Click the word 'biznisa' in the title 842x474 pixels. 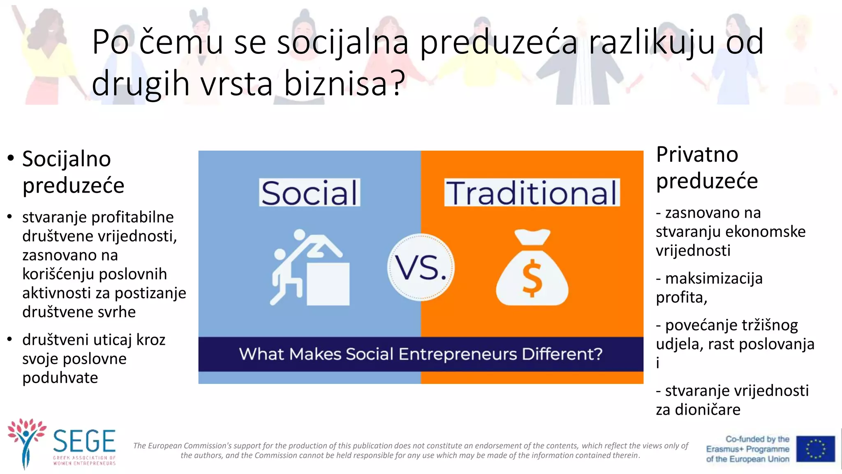[x=335, y=84]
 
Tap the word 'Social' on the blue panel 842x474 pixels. [x=310, y=193]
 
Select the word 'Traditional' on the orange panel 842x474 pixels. [x=532, y=193]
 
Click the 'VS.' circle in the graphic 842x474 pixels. [x=421, y=267]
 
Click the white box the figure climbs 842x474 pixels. [x=328, y=284]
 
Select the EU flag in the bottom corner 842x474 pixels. [x=815, y=449]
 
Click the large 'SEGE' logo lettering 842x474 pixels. [x=84, y=441]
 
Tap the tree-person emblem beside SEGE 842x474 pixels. [x=26, y=442]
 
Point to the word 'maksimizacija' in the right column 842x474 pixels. [x=714, y=279]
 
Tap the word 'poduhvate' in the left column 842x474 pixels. [x=60, y=378]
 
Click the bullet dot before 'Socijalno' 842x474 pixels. [x=11, y=159]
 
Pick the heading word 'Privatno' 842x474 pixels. [x=697, y=155]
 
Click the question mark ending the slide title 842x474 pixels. [x=398, y=84]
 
